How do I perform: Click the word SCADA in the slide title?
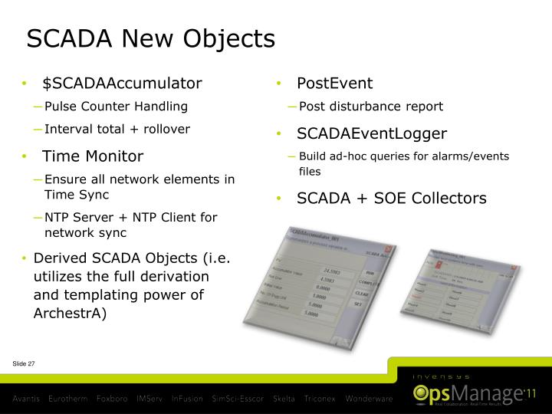(x=67, y=38)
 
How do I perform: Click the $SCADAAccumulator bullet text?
(x=123, y=83)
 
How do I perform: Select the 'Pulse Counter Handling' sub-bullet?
(x=116, y=106)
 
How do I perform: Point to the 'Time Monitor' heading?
(x=93, y=156)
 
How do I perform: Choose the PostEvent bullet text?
(x=334, y=83)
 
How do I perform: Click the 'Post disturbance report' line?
(x=371, y=106)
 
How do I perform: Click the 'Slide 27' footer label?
(x=24, y=363)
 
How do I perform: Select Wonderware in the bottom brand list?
(x=368, y=399)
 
